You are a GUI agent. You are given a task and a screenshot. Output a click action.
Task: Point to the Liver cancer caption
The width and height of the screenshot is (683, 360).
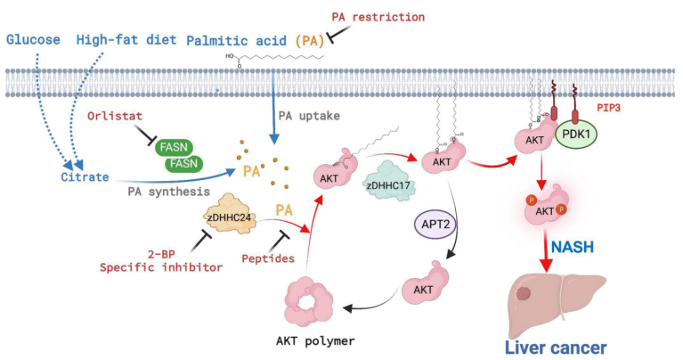tap(557, 347)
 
